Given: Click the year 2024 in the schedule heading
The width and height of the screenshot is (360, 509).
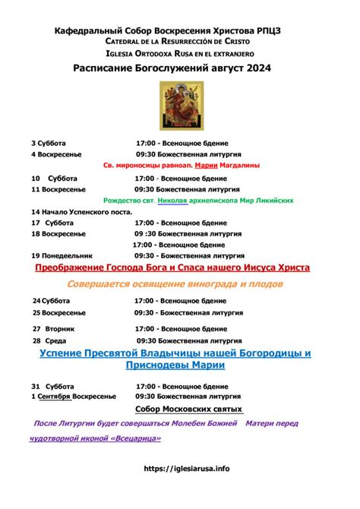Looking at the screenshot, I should pos(270,68).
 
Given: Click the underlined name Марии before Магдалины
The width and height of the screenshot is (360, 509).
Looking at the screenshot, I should pos(206,165).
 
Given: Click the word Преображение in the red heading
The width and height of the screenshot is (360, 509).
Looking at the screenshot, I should pos(81,269).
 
